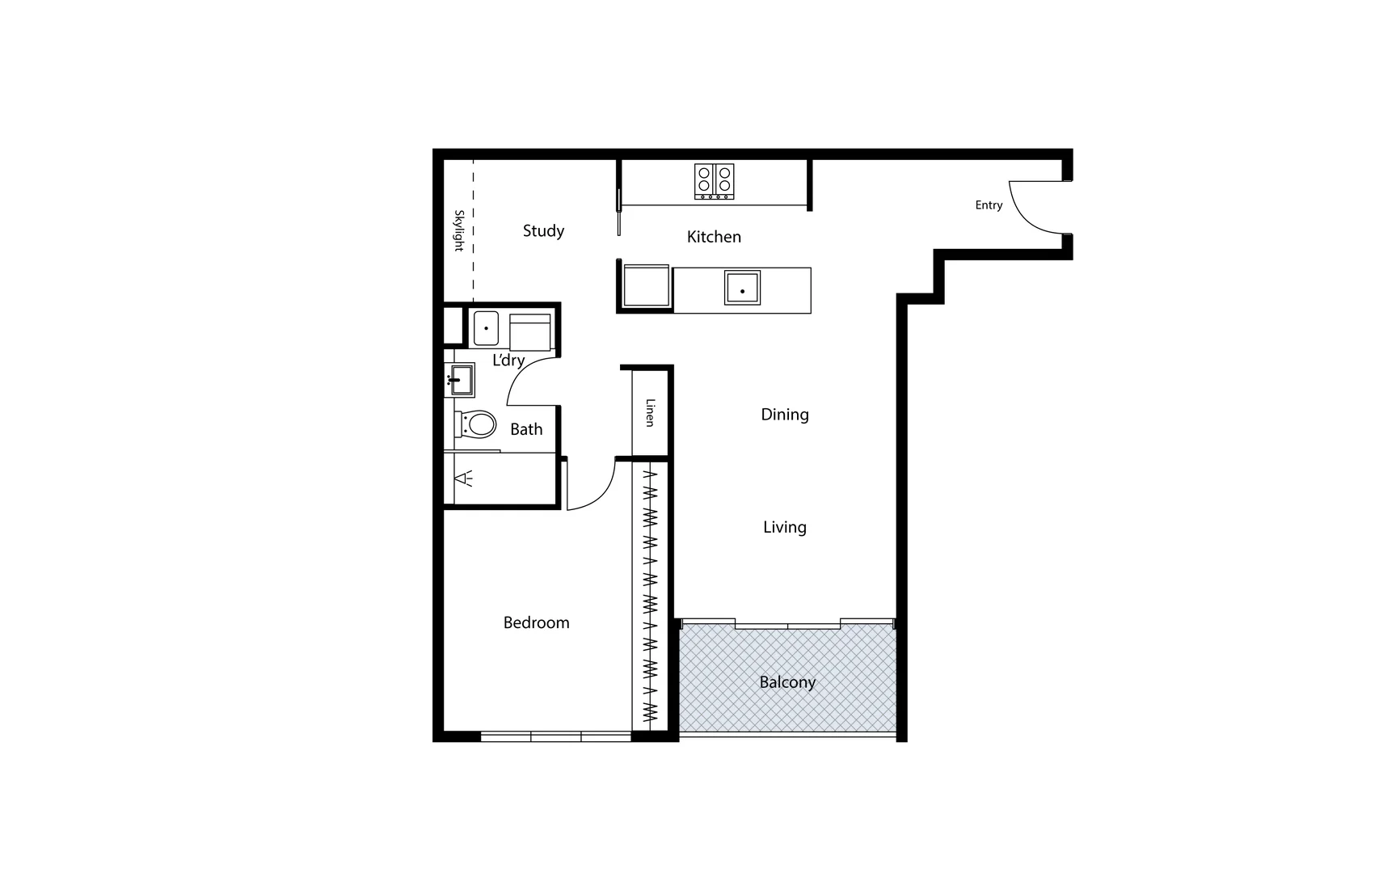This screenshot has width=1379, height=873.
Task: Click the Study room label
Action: click(543, 231)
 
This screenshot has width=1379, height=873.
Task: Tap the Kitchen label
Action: click(714, 237)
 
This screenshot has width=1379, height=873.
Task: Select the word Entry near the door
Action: click(989, 205)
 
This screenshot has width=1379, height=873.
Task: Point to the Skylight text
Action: click(458, 230)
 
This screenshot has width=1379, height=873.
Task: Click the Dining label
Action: click(784, 415)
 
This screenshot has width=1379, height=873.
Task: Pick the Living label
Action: click(784, 527)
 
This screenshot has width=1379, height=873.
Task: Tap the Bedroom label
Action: click(536, 622)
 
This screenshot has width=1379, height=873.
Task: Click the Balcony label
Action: click(786, 682)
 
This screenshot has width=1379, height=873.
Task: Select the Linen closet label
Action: click(650, 412)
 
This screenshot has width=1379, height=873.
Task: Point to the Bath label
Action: click(526, 429)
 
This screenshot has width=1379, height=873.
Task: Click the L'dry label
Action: click(508, 361)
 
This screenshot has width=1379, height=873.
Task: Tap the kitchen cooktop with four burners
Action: click(714, 181)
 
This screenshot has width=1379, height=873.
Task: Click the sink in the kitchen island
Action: click(742, 288)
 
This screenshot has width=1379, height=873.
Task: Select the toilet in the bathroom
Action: click(477, 424)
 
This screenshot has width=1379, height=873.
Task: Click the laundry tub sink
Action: click(485, 328)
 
